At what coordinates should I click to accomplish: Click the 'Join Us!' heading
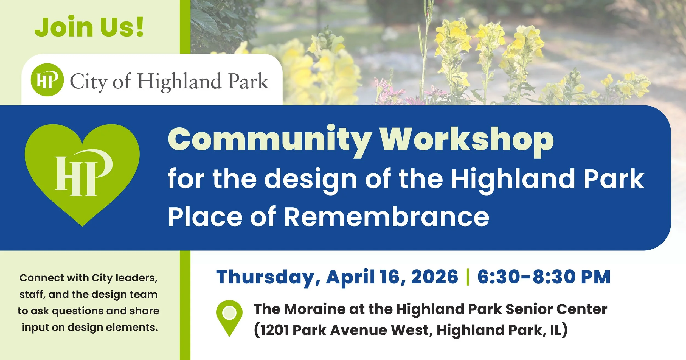(89, 27)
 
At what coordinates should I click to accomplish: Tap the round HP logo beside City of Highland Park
(47, 80)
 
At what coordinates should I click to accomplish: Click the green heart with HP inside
(82, 173)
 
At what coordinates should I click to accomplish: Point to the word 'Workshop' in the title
(467, 140)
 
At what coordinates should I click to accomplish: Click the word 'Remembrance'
(386, 217)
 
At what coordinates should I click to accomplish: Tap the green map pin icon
(229, 317)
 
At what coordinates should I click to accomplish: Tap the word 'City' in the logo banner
(88, 82)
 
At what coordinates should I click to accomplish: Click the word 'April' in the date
(350, 277)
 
